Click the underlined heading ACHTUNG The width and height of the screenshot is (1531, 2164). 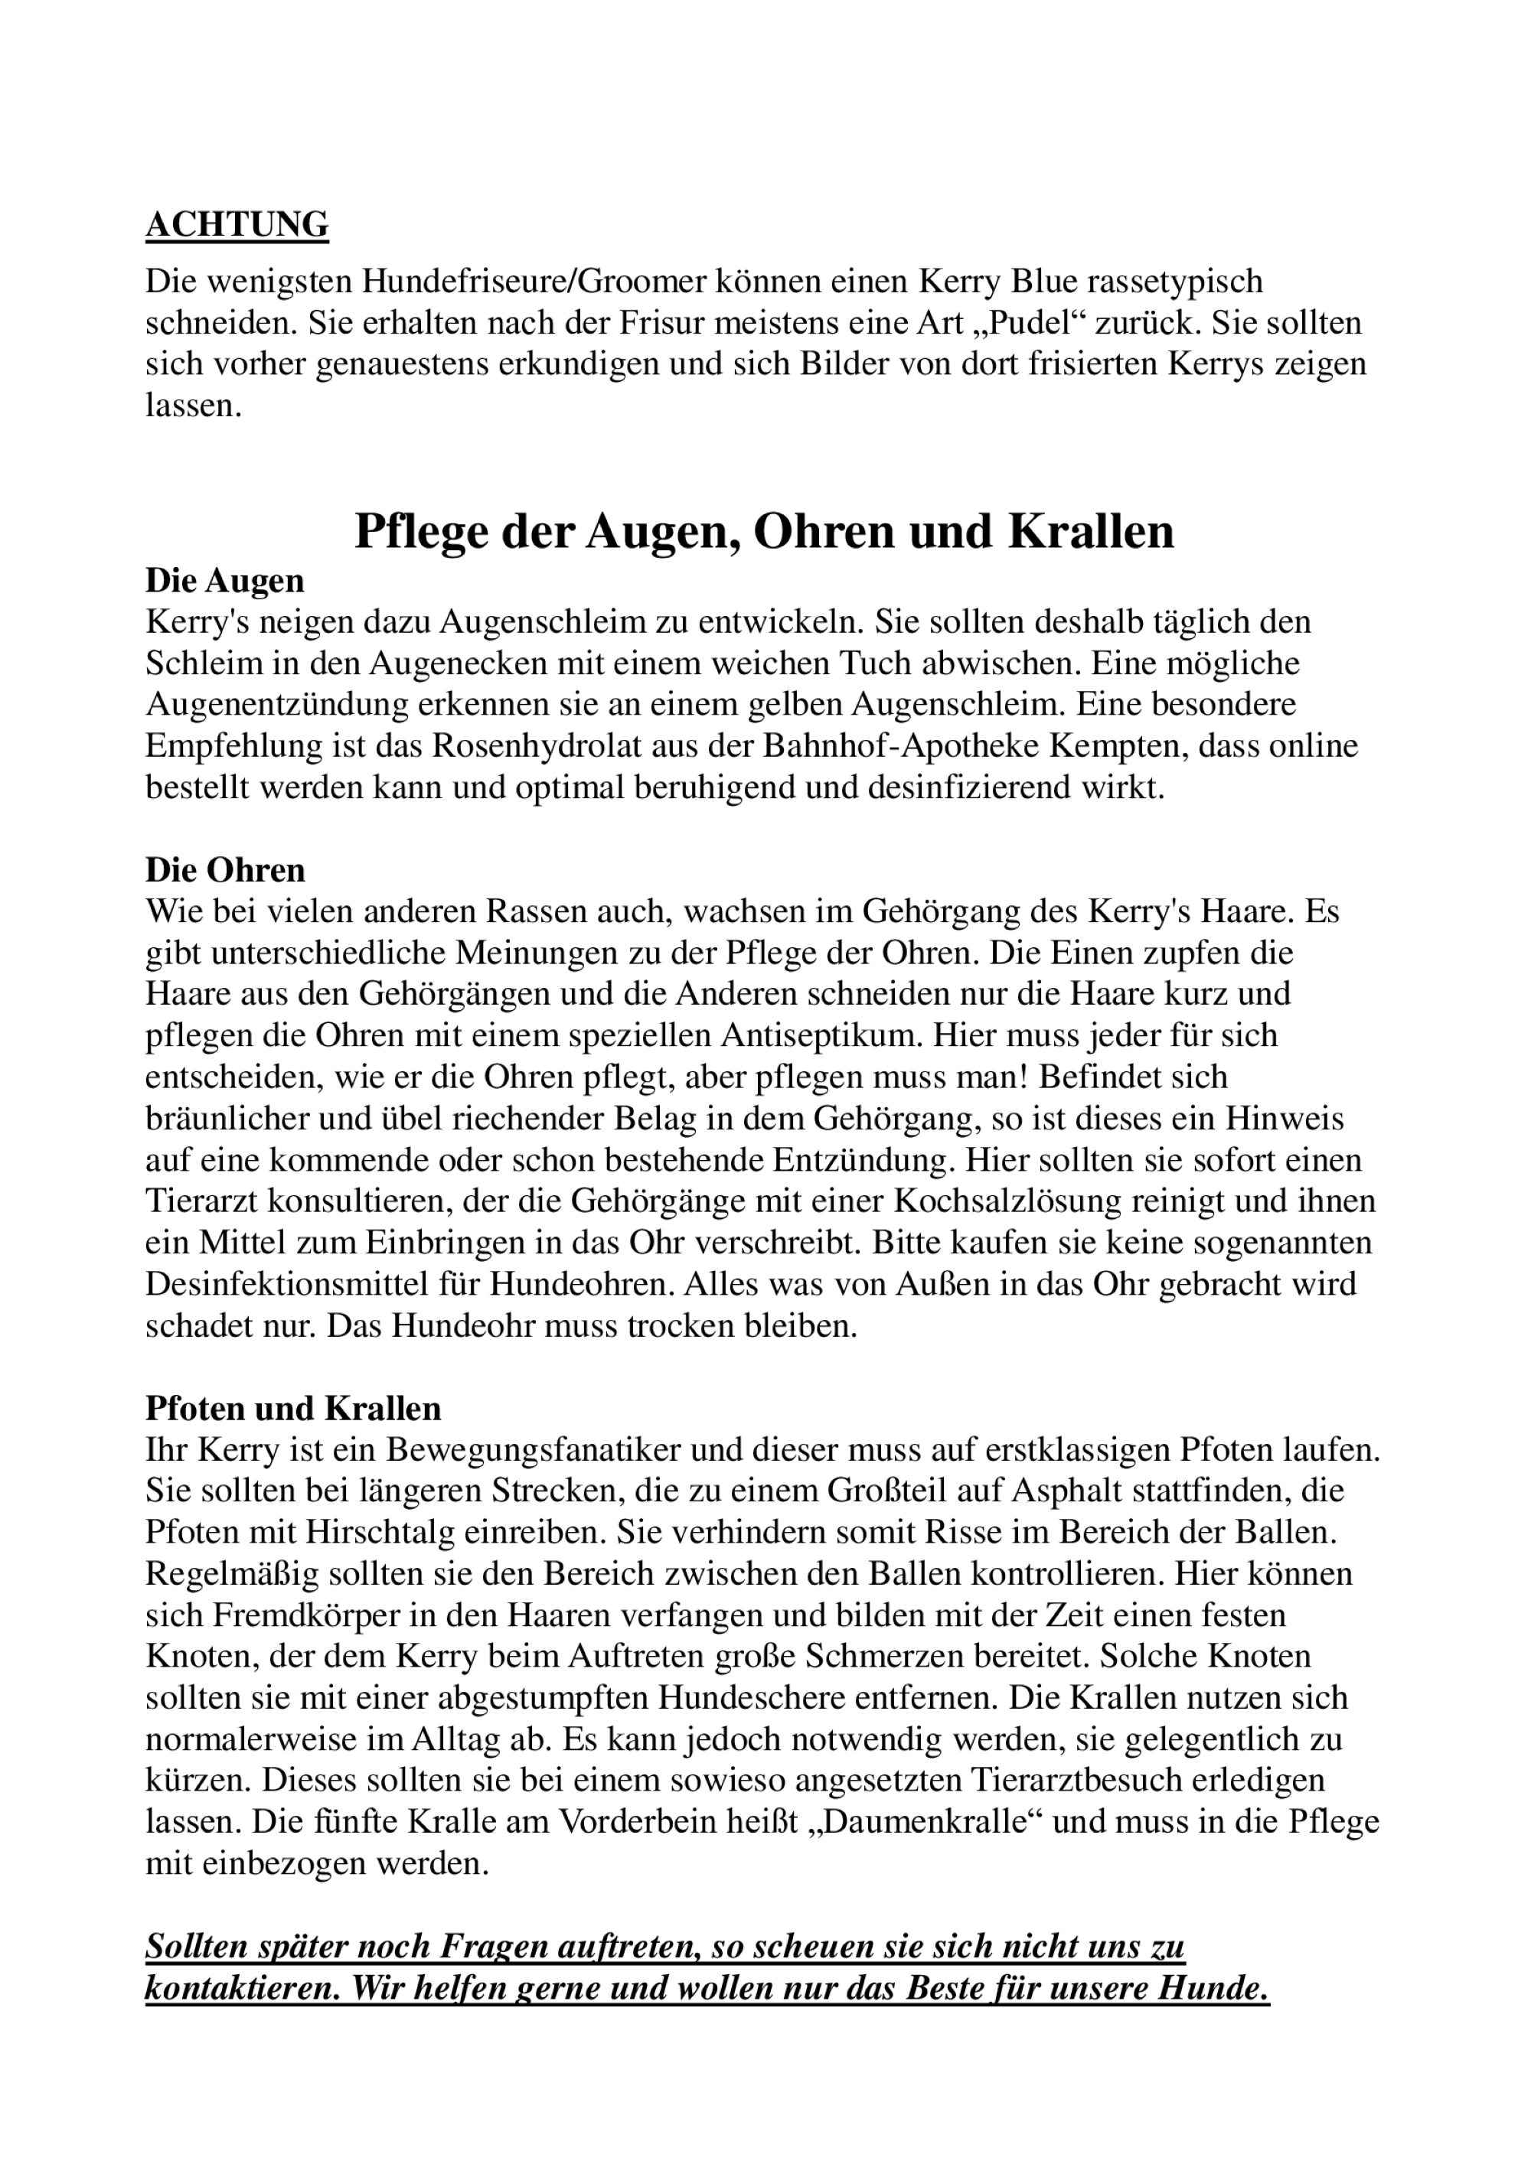pyautogui.click(x=237, y=224)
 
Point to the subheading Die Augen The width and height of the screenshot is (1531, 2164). pyautogui.click(x=224, y=581)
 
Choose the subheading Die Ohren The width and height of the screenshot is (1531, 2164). pyautogui.click(x=225, y=869)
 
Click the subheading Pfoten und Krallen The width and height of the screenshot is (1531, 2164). pyautogui.click(x=293, y=1408)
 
